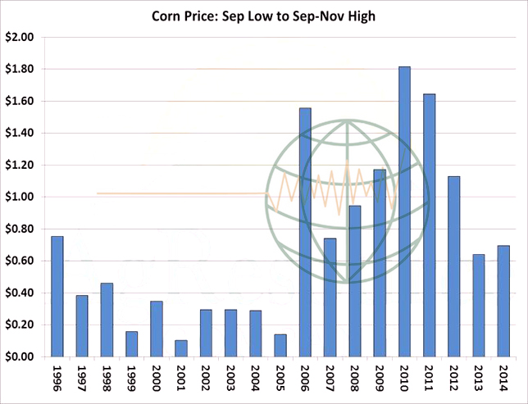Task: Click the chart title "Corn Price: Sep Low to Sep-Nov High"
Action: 263,16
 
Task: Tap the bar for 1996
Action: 57,296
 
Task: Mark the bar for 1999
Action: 132,343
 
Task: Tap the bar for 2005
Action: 280,345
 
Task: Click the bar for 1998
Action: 107,320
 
